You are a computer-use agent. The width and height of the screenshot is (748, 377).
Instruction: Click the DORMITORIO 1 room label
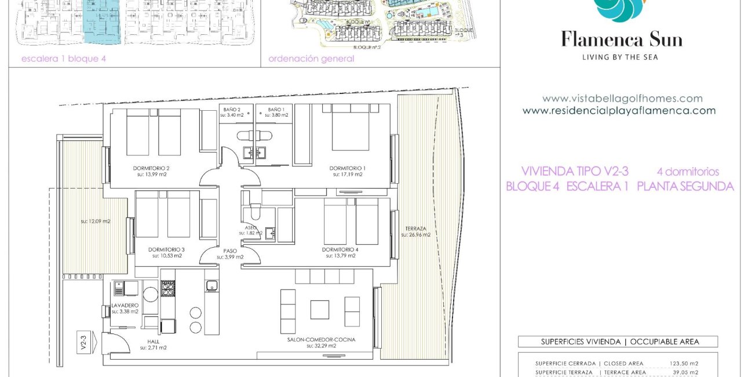[347, 168]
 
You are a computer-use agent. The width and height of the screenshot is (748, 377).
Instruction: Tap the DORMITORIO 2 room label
[151, 169]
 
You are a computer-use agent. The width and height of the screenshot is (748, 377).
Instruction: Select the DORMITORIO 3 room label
[166, 250]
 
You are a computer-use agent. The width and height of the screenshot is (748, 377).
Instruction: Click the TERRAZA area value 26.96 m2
[415, 235]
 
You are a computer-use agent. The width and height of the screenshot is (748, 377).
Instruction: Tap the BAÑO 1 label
[275, 109]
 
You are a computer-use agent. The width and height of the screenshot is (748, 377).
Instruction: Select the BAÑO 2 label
[232, 109]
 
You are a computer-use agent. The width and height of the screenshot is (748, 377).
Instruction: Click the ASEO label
[251, 227]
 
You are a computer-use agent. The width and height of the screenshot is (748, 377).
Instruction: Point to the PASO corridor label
[230, 251]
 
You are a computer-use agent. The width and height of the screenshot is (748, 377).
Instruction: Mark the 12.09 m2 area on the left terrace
[96, 221]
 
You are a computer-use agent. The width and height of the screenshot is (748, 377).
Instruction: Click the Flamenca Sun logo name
[622, 40]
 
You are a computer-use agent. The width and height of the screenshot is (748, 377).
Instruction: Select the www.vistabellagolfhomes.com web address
[622, 99]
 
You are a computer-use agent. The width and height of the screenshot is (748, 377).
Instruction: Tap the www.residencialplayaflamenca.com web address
[619, 110]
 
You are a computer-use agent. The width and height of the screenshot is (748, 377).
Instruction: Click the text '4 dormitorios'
[688, 172]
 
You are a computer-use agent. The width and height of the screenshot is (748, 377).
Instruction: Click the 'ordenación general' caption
[311, 59]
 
